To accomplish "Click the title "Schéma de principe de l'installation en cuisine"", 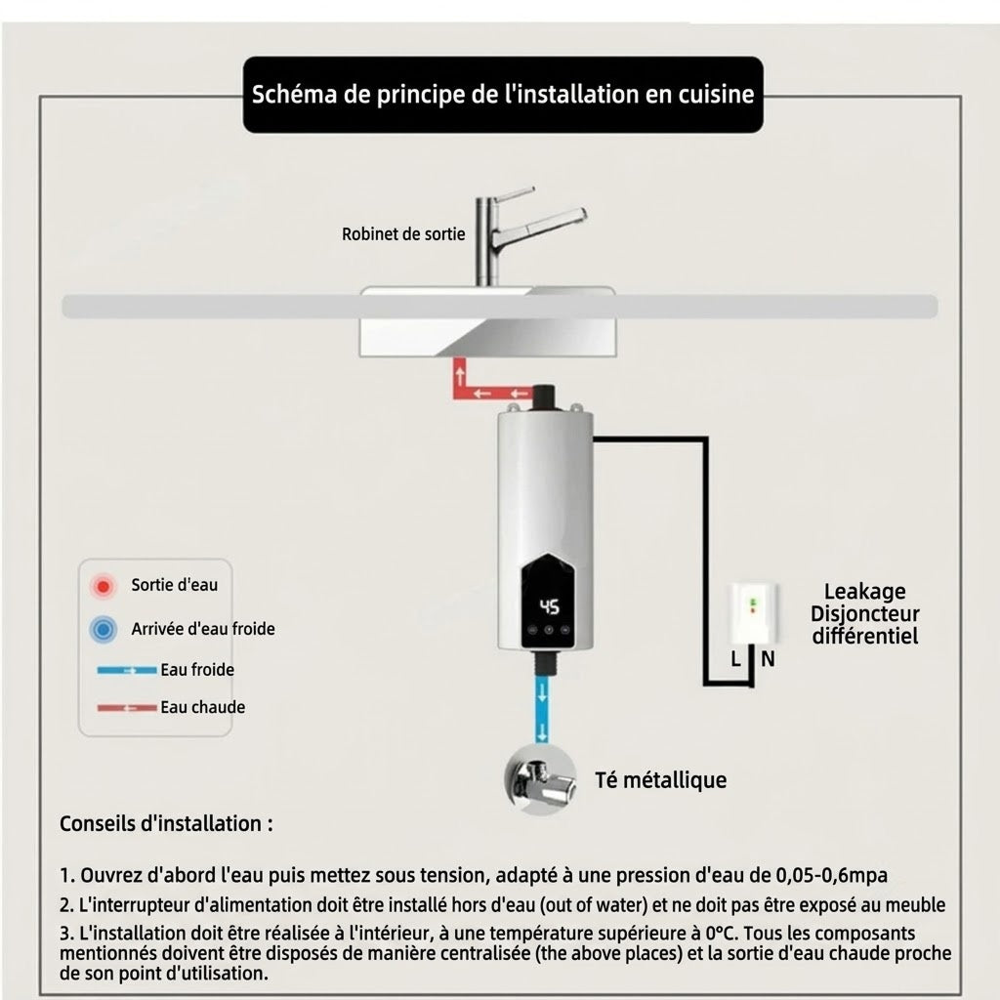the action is (x=503, y=95).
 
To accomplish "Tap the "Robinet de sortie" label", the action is (x=403, y=234).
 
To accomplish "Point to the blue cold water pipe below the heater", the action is (x=542, y=709).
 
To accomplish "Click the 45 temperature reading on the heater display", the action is (x=549, y=606).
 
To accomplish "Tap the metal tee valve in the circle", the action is (x=539, y=779).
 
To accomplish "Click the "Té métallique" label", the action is (x=661, y=780).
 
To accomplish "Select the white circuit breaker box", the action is (x=753, y=613).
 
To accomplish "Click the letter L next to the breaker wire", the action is (x=735, y=659).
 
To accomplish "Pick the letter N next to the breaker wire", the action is (x=768, y=659).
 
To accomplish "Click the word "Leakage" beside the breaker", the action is (x=864, y=592).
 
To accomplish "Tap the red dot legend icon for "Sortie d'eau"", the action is (x=103, y=586).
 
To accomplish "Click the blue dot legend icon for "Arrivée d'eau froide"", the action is (x=103, y=630).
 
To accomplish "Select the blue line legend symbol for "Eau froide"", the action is (x=127, y=670).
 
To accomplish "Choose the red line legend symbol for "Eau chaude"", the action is (x=127, y=708).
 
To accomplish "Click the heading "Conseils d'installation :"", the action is (x=166, y=823).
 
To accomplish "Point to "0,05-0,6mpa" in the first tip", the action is (x=832, y=875).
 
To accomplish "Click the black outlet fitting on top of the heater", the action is (x=543, y=397).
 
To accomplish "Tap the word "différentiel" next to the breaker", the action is (x=865, y=636).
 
